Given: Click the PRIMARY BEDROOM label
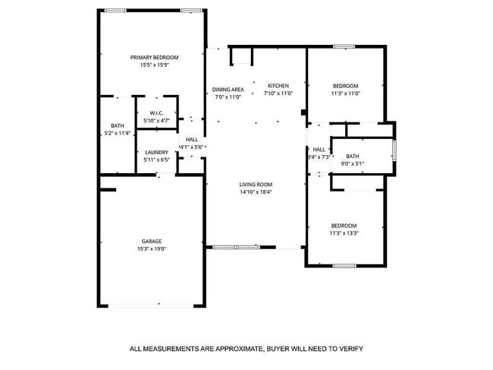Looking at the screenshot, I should pos(154,58).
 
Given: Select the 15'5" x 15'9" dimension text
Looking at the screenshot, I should pos(154,65).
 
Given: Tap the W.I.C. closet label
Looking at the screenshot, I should pos(156,112).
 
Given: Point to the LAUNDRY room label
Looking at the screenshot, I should pos(156,152).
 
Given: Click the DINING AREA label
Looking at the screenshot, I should pos(228,89).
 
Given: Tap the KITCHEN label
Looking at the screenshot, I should pos(277,85).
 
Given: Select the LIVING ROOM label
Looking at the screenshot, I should pos(256,185).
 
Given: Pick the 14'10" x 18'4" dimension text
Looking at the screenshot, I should pos(256,192).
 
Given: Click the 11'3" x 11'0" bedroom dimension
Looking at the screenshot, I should pos(345,93).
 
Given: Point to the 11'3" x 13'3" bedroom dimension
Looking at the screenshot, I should pos(344,232).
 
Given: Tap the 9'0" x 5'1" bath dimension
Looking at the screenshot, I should pos(353,163).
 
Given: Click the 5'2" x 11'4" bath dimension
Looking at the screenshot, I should pos(118,133).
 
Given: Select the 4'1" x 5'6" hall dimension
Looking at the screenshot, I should pos(192,147).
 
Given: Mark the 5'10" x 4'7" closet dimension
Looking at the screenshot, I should pos(156,120).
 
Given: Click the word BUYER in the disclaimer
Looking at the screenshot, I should pos(279,349).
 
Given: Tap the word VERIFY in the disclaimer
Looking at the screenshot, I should pos(350,349).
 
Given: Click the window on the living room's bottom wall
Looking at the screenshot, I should pos(236,247).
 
